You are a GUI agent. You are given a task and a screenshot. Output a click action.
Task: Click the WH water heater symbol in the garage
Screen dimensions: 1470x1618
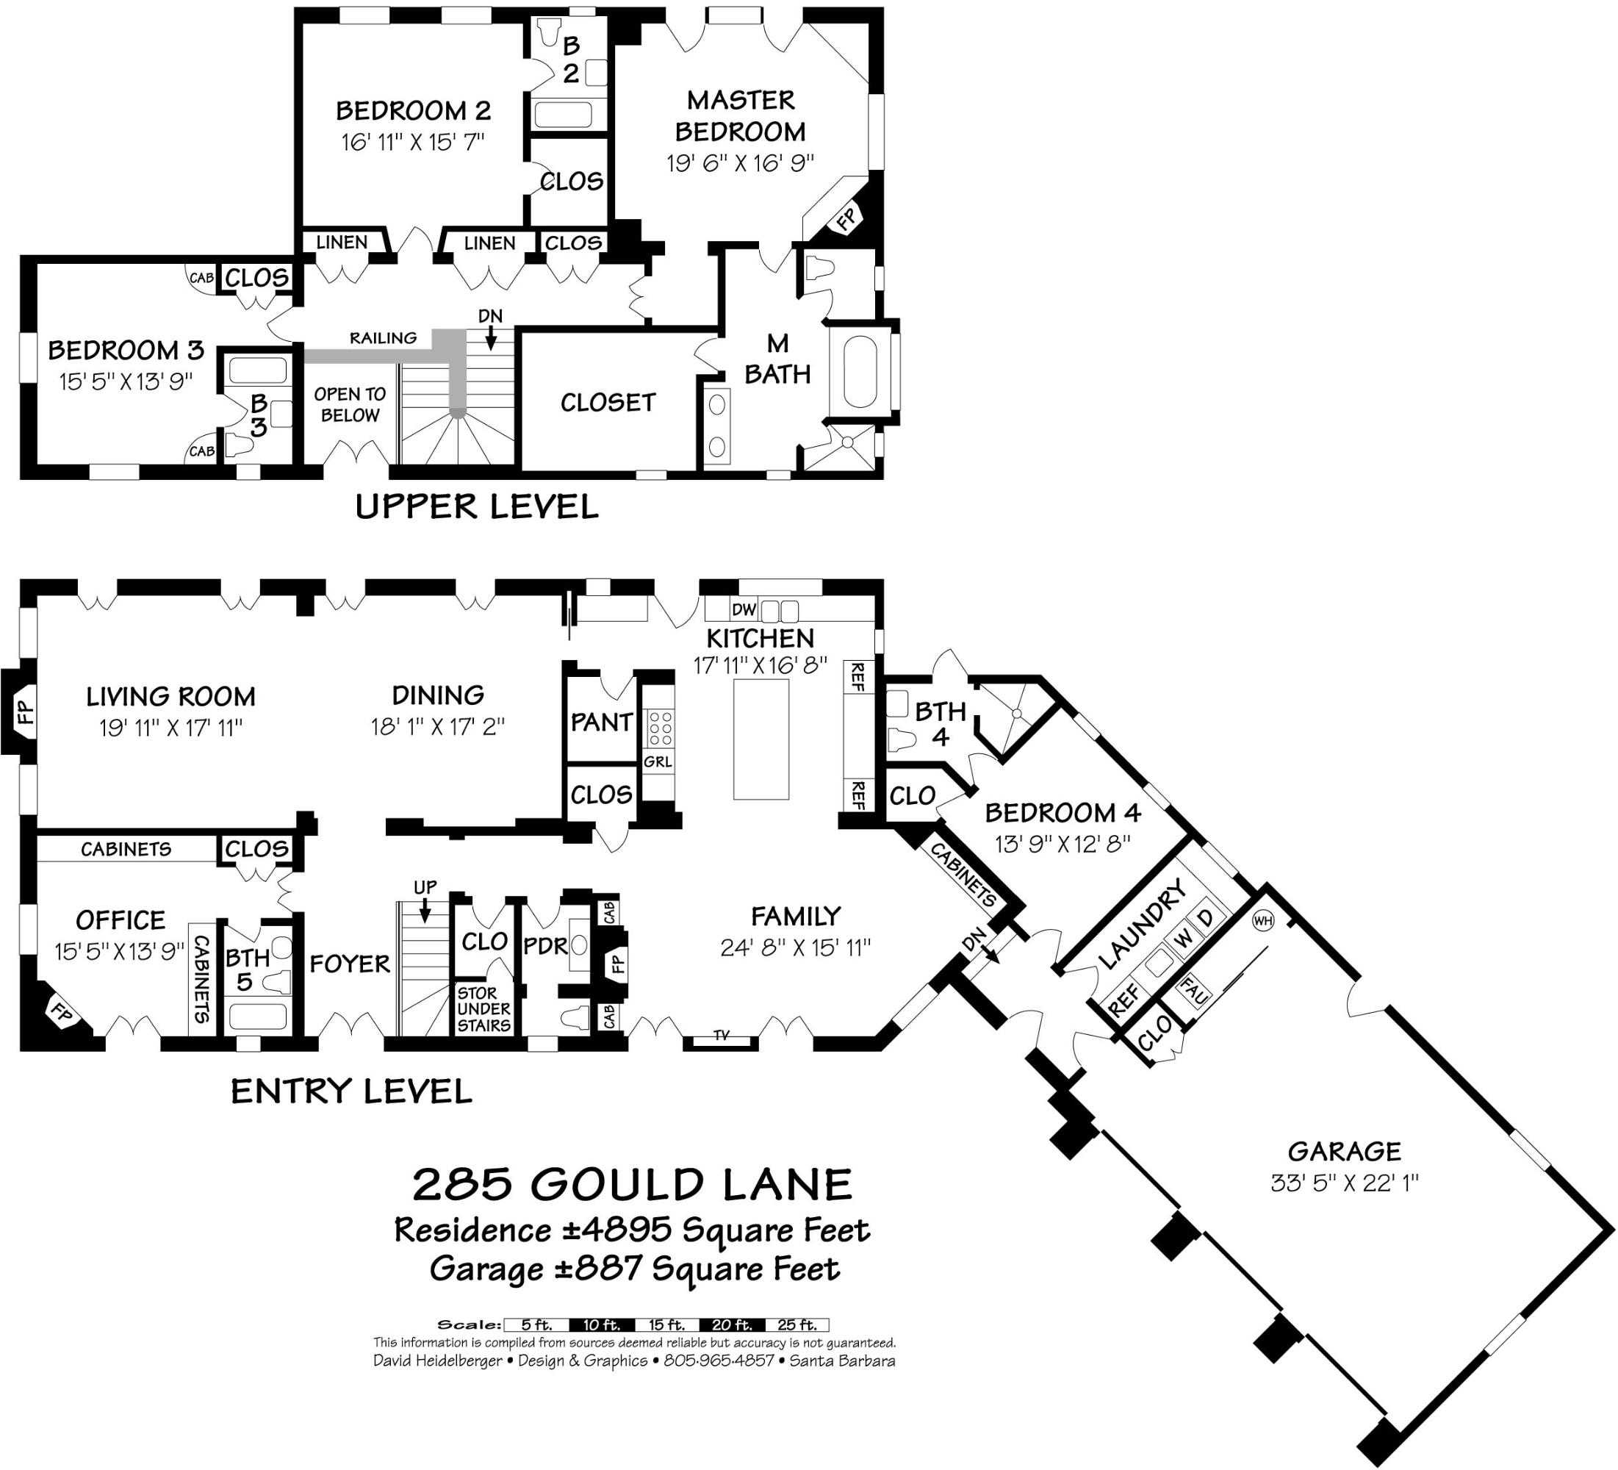pos(1262,921)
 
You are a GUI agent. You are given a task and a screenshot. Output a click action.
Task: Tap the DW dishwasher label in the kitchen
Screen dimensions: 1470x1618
pos(744,609)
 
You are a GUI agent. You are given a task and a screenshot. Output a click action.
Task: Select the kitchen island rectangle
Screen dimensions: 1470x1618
pos(761,739)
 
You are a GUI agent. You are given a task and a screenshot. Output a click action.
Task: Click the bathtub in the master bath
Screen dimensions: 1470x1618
pos(860,372)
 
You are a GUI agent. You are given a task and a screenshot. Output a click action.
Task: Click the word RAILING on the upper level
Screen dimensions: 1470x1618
pos(383,338)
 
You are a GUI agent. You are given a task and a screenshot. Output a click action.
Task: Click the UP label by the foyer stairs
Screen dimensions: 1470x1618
pos(425,887)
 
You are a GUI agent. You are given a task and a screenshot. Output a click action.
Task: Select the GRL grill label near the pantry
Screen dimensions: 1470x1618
pos(658,761)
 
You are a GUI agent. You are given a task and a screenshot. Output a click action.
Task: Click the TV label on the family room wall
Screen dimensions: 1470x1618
pos(721,1036)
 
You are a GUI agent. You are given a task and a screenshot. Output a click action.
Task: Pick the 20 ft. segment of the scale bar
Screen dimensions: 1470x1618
pos(731,1325)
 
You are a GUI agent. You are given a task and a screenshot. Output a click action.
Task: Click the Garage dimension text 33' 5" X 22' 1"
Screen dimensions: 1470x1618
pos(1345,1183)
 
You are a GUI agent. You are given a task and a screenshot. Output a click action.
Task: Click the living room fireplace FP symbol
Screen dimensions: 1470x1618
pos(25,711)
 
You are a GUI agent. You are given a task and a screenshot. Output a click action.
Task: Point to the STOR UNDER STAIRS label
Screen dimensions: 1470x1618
pos(483,1008)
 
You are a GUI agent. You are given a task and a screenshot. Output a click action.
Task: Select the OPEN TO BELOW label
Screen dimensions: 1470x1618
pos(349,405)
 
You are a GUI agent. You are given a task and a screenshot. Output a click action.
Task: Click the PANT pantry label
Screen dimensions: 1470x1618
pos(601,722)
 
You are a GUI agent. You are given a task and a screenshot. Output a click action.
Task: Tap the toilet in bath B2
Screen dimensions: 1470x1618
pos(549,32)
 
